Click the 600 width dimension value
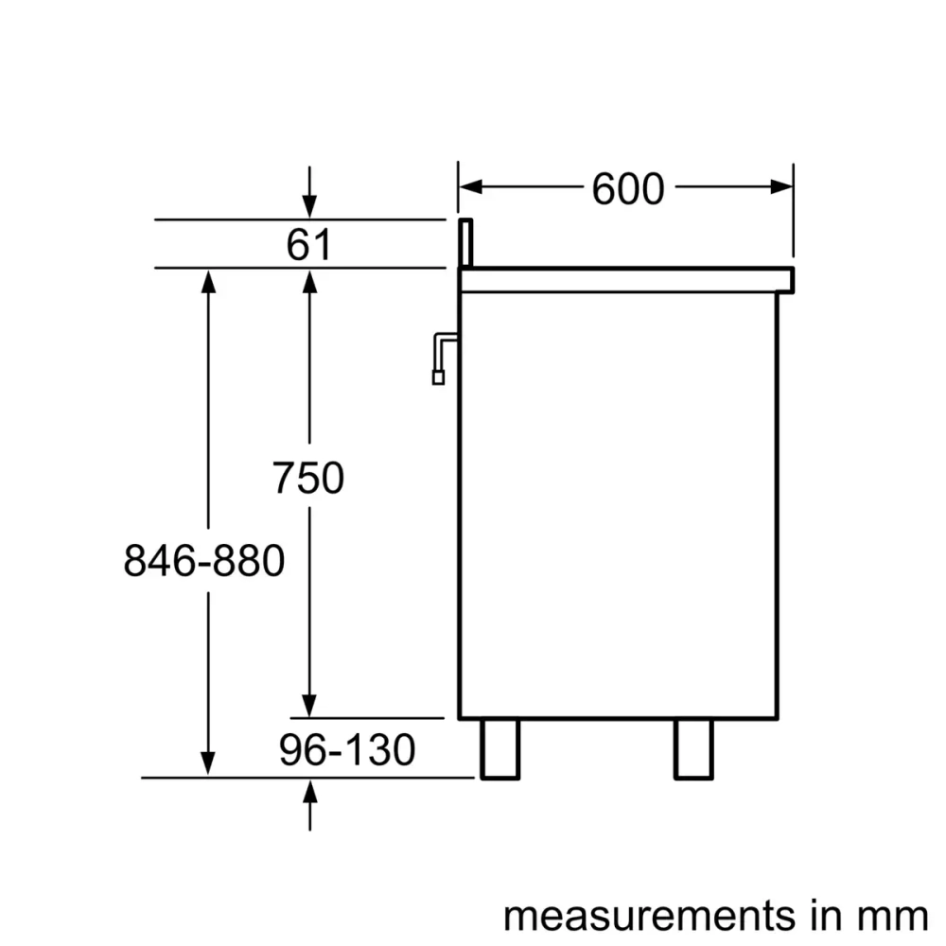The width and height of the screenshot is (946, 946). point(628,189)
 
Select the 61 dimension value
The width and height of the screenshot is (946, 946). point(308,246)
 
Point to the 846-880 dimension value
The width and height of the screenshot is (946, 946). point(203,562)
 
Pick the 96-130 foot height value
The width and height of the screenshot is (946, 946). point(347,751)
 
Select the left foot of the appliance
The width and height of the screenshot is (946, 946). point(499,748)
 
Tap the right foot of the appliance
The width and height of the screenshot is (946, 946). point(692,748)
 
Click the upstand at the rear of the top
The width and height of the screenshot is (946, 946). point(465,243)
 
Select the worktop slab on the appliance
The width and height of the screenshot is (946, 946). point(624,279)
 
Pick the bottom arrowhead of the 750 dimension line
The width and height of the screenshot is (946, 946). point(309,706)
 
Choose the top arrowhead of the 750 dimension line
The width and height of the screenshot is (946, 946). point(309,280)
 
